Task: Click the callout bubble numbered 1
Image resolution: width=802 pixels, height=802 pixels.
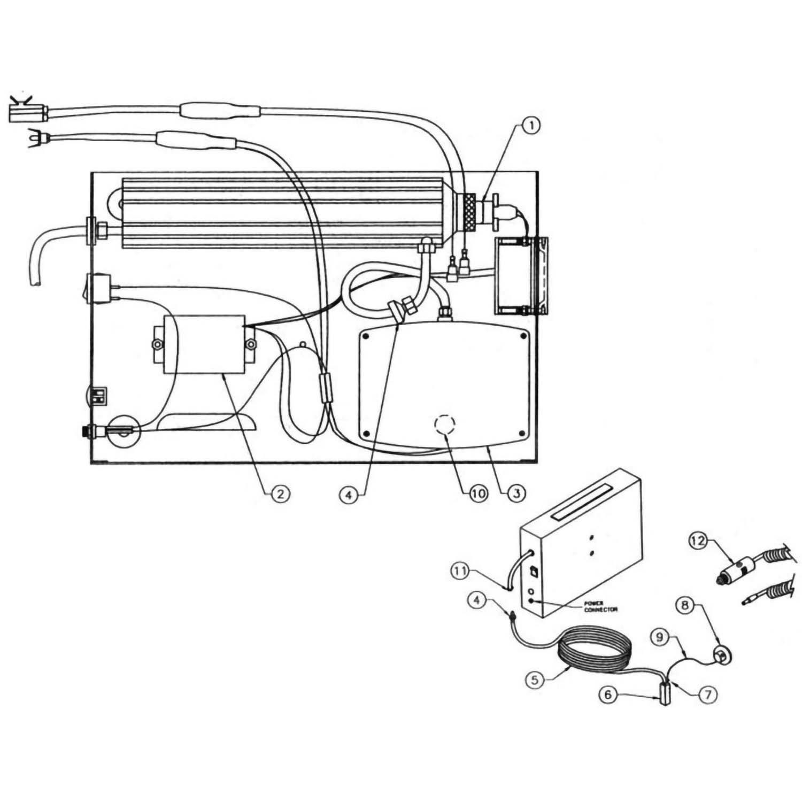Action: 531,126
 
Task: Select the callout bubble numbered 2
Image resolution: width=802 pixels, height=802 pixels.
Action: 280,493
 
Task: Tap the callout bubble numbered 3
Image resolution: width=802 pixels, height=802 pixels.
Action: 516,493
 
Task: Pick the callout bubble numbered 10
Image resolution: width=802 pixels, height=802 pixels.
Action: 478,493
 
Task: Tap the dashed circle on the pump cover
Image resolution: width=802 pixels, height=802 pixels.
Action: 444,426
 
